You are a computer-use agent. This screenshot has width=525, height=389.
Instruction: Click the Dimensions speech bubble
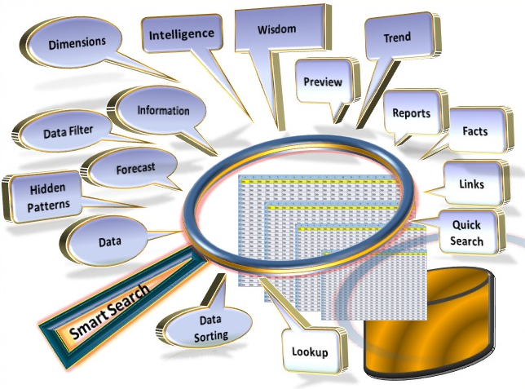(77, 40)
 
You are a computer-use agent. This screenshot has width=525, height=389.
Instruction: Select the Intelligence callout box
(180, 34)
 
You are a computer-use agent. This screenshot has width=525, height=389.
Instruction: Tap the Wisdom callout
(276, 30)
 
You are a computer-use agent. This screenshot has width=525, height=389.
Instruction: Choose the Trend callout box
(397, 38)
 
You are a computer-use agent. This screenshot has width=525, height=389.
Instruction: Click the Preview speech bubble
(322, 82)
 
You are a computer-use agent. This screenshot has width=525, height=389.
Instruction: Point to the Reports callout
(411, 113)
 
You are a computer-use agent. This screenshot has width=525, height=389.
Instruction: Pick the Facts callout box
(474, 130)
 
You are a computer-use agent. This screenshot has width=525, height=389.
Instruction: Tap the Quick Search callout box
(466, 233)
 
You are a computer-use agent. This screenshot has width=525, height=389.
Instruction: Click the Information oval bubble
(163, 111)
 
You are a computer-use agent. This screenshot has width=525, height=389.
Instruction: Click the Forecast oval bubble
(135, 169)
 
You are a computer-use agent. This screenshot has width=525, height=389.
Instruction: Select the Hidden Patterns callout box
(48, 197)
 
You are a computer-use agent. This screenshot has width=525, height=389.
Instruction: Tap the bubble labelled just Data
(109, 242)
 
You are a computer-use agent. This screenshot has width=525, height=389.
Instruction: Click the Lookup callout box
(309, 352)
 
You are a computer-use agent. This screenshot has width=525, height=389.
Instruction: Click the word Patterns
(48, 206)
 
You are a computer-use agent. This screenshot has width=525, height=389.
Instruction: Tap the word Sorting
(210, 335)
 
